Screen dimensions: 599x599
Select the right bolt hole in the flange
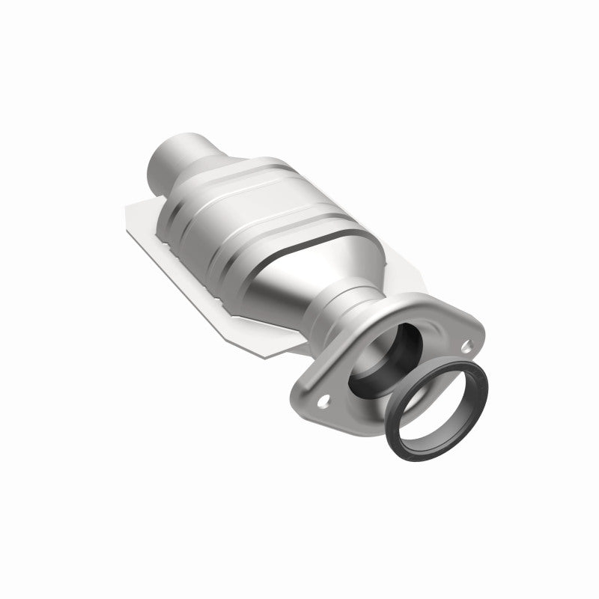click(x=466, y=347)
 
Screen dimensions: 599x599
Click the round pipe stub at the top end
click(x=172, y=150)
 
